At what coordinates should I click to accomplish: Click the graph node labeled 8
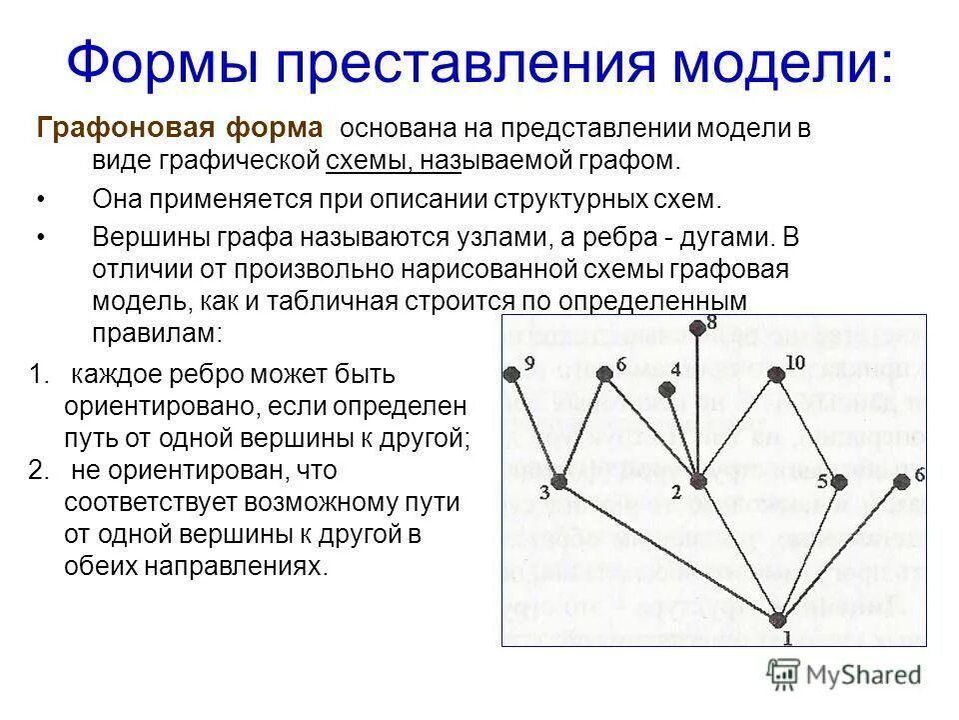click(696, 327)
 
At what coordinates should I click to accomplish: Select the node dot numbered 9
click(512, 375)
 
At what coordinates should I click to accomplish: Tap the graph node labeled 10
click(777, 375)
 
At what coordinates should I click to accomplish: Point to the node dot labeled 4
click(666, 387)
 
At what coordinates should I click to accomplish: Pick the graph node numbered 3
click(558, 482)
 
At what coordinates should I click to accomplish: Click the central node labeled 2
click(698, 482)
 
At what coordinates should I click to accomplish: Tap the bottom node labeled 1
click(778, 619)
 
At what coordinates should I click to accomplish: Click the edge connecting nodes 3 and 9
click(535, 428)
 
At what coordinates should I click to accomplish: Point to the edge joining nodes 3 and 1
click(667, 550)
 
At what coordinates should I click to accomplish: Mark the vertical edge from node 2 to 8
click(697, 405)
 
